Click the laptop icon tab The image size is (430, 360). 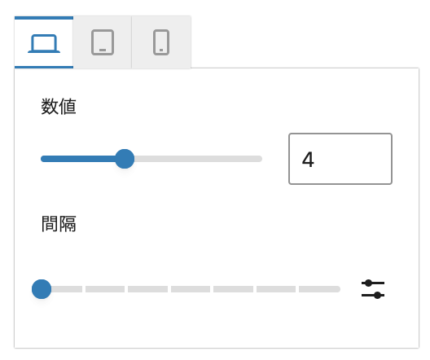pyautogui.click(x=44, y=42)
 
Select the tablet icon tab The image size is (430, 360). pyautogui.click(x=103, y=42)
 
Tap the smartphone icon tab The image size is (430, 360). pyautogui.click(x=161, y=42)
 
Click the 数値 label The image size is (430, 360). pyautogui.click(x=59, y=107)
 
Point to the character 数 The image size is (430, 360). pyautogui.click(x=50, y=107)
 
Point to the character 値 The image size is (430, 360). pyautogui.click(x=68, y=107)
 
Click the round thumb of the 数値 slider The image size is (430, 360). pyautogui.click(x=125, y=159)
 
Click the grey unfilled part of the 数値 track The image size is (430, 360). pyautogui.click(x=198, y=159)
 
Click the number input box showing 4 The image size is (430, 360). pyautogui.click(x=340, y=159)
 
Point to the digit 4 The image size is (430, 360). pyautogui.click(x=308, y=160)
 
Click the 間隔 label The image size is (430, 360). pyautogui.click(x=59, y=224)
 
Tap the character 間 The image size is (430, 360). pyautogui.click(x=50, y=224)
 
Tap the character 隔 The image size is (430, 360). pyautogui.click(x=68, y=224)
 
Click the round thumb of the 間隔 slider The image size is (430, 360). pyautogui.click(x=42, y=289)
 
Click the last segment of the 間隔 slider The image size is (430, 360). pyautogui.click(x=319, y=289)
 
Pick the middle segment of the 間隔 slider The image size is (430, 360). pyautogui.click(x=191, y=289)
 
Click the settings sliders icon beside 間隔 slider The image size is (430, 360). pyautogui.click(x=373, y=289)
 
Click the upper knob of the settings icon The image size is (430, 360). pyautogui.click(x=369, y=283)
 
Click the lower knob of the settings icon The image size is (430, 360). pyautogui.click(x=378, y=296)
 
